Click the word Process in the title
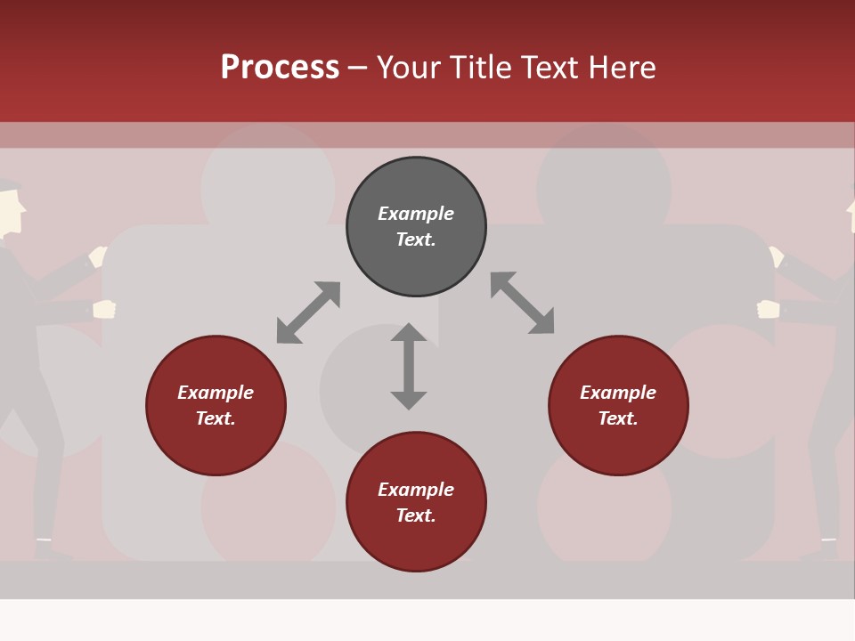pos(280,68)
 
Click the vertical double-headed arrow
pos(409,366)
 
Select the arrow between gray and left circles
pos(308,312)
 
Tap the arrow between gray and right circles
pos(522,303)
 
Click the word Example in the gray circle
pos(416,214)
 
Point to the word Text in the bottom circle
pos(416,515)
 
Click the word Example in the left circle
pos(216,393)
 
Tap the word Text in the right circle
pos(618,418)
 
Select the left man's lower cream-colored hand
pos(104,309)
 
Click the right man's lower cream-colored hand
pos(768,309)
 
